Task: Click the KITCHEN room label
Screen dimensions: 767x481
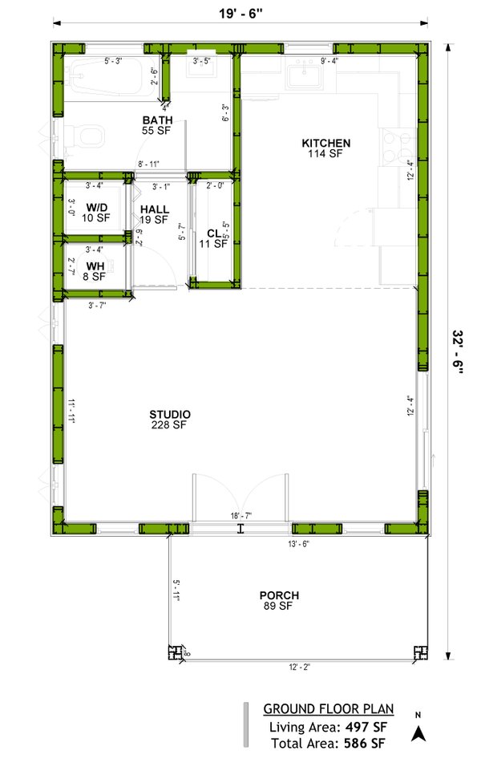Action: [326, 144]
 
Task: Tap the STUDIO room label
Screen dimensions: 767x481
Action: [170, 415]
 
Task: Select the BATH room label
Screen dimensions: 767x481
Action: [159, 120]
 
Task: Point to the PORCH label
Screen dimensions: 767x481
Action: [279, 595]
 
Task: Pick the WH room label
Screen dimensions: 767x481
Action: [95, 266]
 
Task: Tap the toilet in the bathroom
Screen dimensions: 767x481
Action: [83, 140]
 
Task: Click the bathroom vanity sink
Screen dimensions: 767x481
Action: [200, 69]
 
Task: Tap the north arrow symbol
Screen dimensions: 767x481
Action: [418, 732]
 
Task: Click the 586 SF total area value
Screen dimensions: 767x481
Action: [365, 744]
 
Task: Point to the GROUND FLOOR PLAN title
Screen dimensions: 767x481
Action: [329, 709]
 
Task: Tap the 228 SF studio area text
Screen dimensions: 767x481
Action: [170, 425]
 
